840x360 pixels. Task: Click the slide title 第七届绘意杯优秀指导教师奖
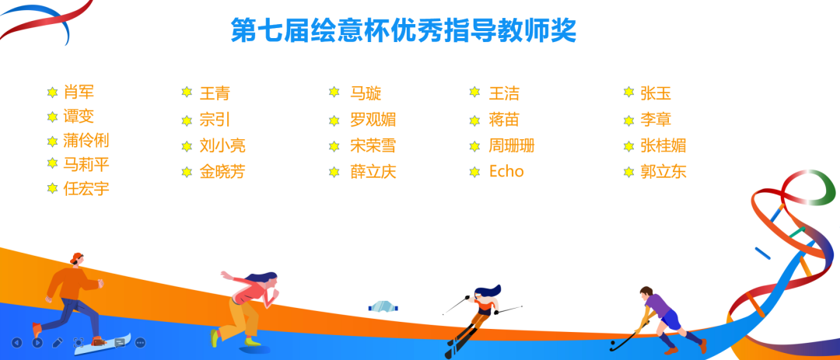click(404, 30)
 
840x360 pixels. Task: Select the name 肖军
click(79, 93)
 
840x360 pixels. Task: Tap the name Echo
click(506, 171)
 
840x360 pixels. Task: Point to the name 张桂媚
click(663, 145)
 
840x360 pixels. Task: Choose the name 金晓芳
click(222, 172)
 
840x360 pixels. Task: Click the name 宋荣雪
click(373, 145)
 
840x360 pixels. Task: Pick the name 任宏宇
click(86, 189)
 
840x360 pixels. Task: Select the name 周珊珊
click(512, 145)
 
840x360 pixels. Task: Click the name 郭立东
click(663, 172)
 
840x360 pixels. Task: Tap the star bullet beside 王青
click(187, 93)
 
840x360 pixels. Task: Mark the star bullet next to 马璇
click(334, 93)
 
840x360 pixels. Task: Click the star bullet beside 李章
click(629, 120)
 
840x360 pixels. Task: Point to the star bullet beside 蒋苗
click(474, 120)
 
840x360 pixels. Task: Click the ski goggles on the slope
click(383, 307)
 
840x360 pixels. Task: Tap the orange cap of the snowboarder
click(77, 257)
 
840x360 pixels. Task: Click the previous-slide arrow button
click(17, 342)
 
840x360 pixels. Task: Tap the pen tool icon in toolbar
click(58, 342)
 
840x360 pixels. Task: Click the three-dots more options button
click(140, 342)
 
